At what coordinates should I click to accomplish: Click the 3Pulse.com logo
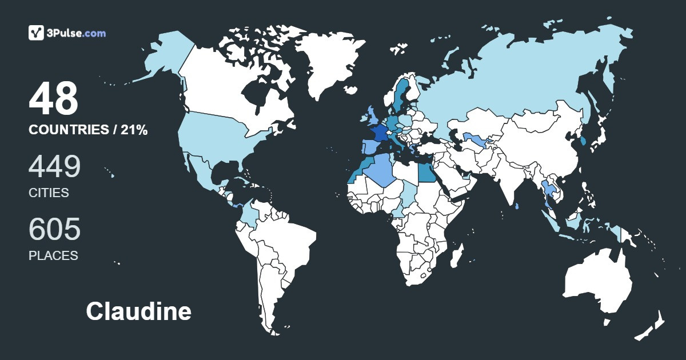click(67, 33)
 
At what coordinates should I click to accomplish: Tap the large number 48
click(53, 98)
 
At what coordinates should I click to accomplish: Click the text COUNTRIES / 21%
click(88, 130)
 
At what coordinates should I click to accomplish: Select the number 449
click(54, 166)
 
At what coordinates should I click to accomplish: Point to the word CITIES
click(49, 193)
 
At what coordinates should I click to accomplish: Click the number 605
click(54, 229)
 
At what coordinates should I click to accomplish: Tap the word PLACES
click(53, 256)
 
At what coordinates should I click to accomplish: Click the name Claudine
click(138, 311)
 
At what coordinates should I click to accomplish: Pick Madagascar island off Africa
click(456, 255)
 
